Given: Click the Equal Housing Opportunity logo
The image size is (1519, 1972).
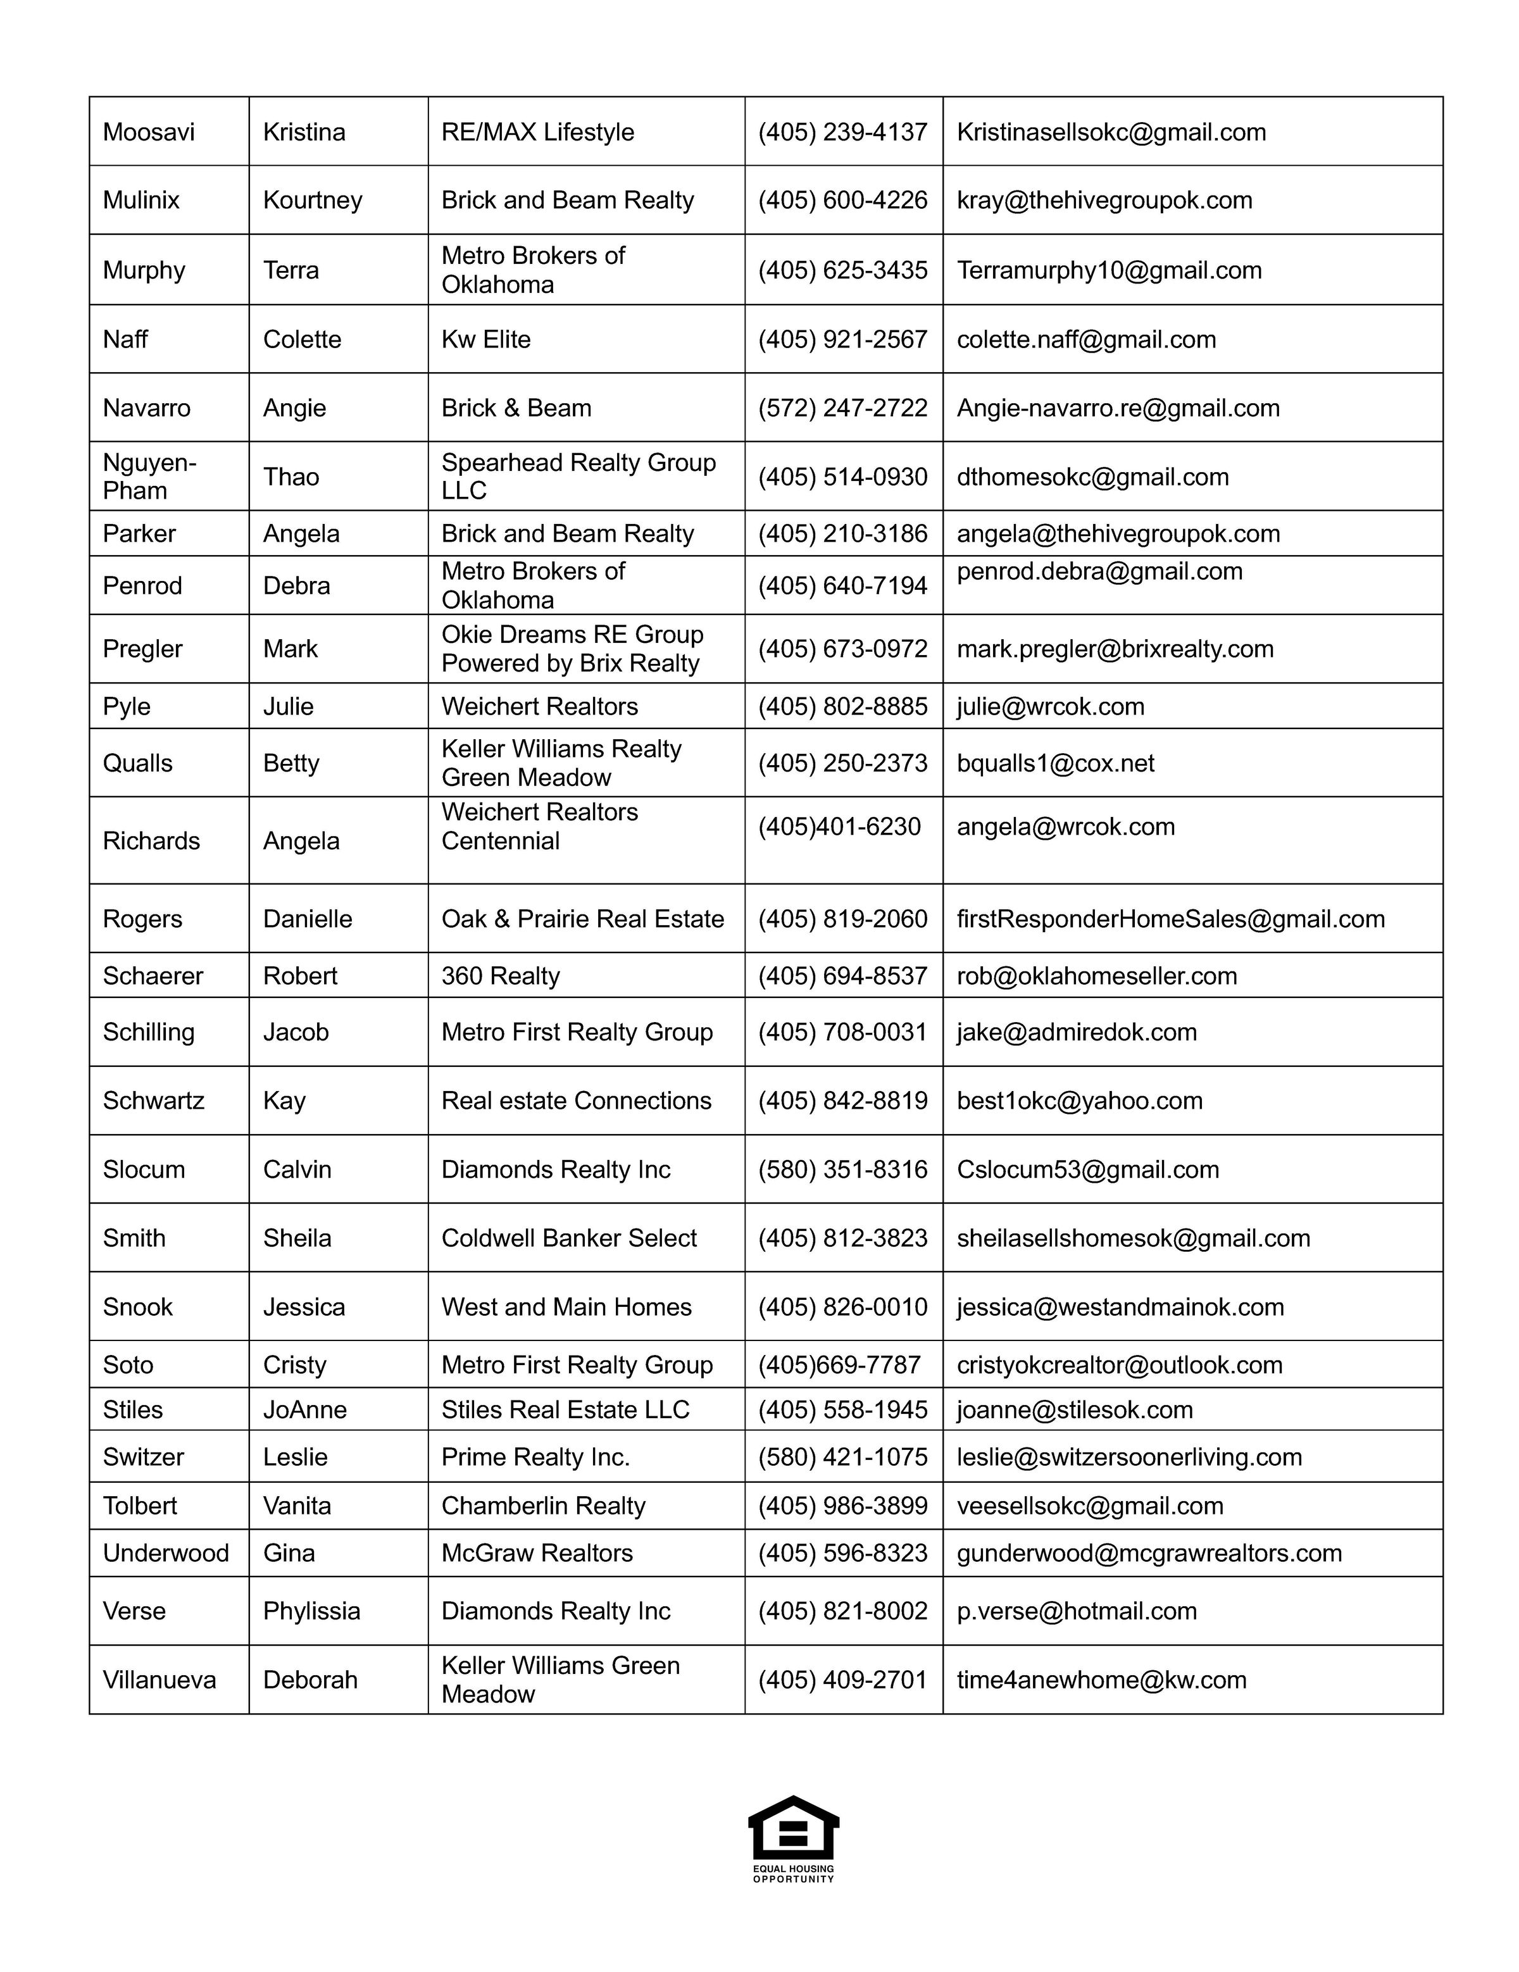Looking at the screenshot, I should click(793, 1837).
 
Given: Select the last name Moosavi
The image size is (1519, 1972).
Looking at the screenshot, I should click(148, 132).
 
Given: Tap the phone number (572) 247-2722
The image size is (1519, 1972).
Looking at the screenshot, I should click(842, 408).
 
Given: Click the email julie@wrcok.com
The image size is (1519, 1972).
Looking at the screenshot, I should click(1050, 706).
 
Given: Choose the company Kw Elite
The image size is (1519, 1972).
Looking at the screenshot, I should click(486, 339).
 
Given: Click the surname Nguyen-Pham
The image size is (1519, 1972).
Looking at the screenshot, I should click(149, 476).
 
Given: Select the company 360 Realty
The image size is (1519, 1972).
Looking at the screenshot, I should click(500, 975).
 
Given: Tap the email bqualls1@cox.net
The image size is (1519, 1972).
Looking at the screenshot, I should click(1055, 763).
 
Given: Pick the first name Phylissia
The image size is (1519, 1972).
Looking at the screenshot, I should click(311, 1611).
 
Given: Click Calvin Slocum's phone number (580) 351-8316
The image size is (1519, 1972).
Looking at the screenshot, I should click(842, 1170).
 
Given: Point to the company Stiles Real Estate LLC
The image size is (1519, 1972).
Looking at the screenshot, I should click(565, 1409).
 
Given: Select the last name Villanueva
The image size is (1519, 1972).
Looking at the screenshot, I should click(159, 1680).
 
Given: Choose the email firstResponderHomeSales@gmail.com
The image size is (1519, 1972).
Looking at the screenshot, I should click(1170, 919).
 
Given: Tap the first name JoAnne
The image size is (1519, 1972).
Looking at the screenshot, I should click(304, 1409).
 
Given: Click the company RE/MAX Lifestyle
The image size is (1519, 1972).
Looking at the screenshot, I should click(537, 132).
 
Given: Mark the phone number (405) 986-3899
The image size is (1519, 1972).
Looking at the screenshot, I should click(842, 1505).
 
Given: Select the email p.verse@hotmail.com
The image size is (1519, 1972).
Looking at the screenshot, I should click(1077, 1611).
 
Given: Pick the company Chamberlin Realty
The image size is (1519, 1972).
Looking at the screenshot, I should click(543, 1505).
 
